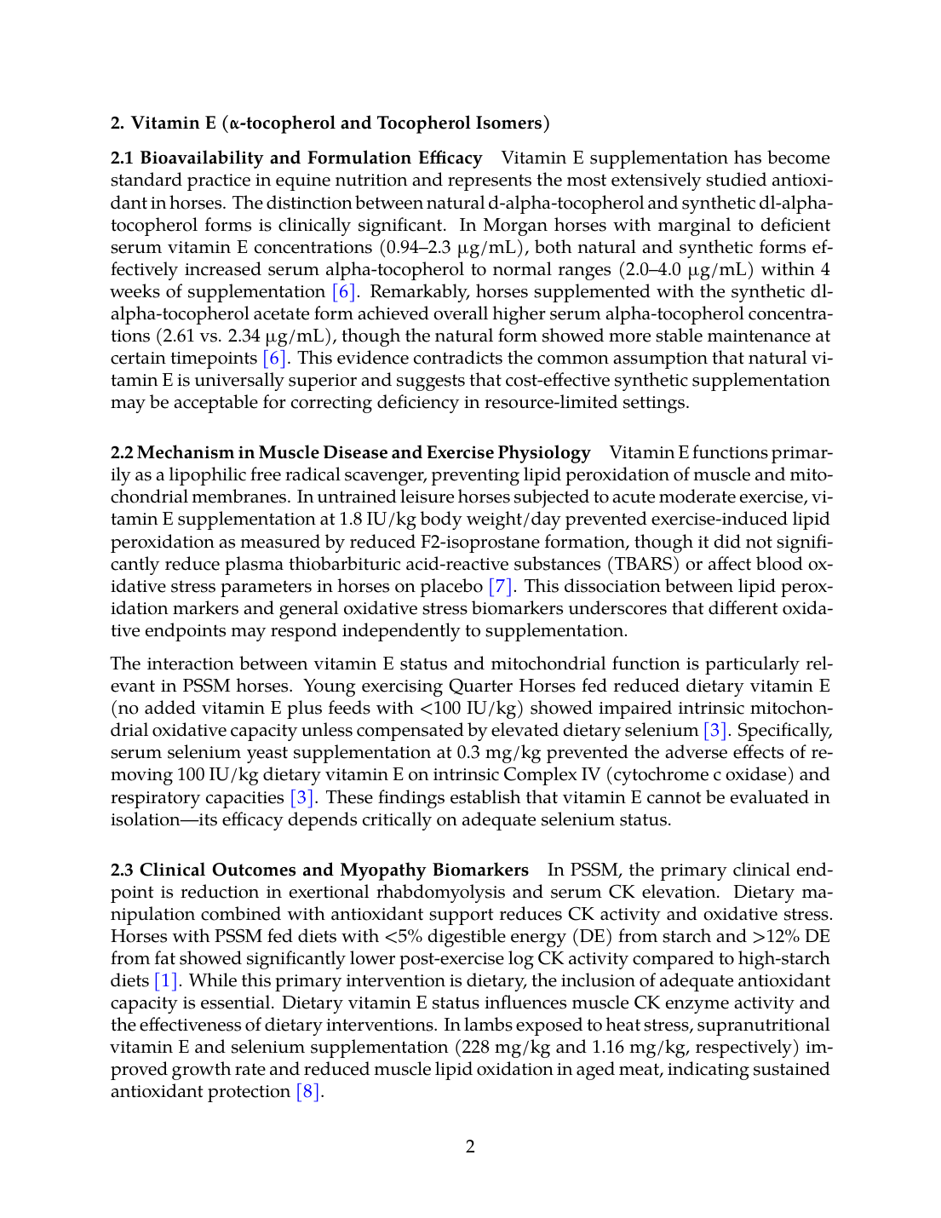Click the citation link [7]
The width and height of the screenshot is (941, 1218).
501,586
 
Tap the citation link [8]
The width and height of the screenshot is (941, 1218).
307,1091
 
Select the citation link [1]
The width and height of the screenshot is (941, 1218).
166,980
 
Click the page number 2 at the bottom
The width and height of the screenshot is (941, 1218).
470,1146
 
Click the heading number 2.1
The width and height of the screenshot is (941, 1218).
123,158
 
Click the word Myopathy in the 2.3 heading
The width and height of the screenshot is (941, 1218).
382,870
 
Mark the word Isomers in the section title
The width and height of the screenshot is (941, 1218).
510,123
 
